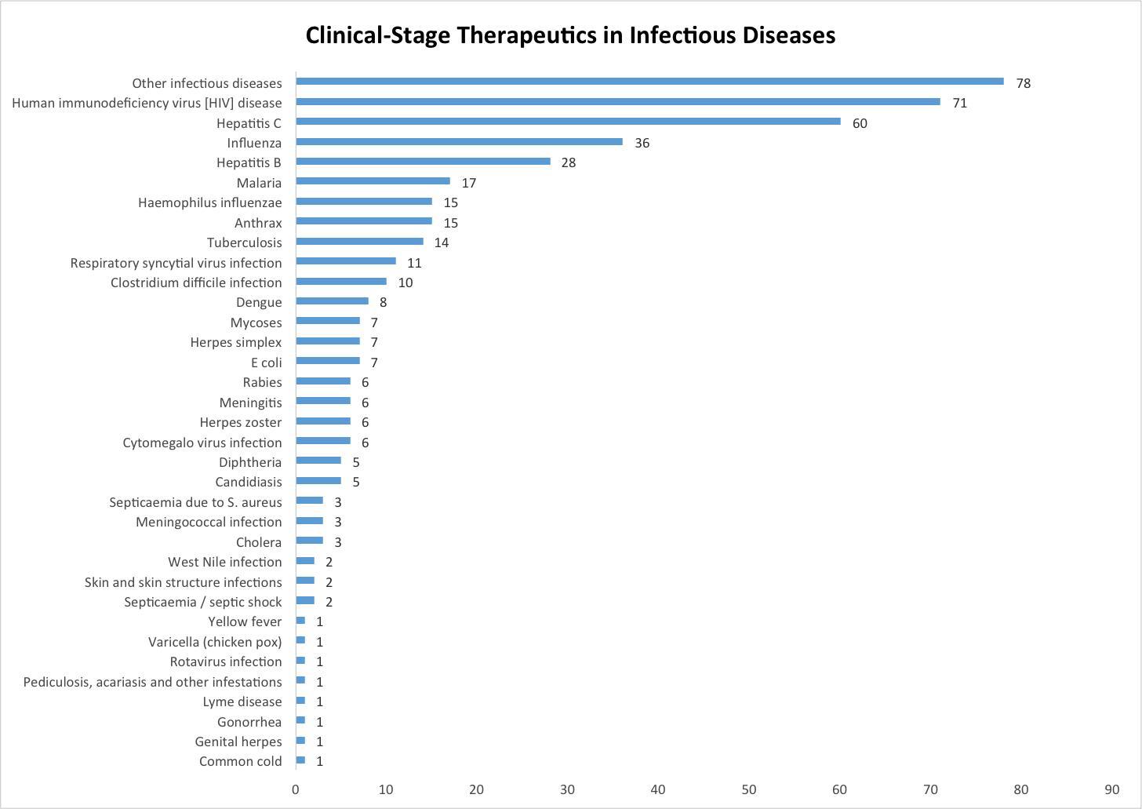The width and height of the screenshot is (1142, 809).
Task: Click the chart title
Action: point(570,36)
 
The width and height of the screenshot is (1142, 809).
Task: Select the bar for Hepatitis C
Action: point(568,122)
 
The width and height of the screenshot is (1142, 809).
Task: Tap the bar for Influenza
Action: point(459,142)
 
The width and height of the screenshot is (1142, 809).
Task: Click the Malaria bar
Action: point(373,181)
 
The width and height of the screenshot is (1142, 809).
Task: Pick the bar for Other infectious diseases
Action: point(649,82)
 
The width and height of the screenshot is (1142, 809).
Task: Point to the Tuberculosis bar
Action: point(359,242)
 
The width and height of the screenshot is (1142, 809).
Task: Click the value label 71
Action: point(960,103)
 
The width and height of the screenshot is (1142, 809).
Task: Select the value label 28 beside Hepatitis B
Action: point(569,162)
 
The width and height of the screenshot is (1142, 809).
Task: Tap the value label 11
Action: point(414,263)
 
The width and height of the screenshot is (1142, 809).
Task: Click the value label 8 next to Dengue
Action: point(383,302)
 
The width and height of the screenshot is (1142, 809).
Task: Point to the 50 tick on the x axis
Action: point(749,789)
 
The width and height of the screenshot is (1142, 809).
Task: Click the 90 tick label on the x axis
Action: point(1111,789)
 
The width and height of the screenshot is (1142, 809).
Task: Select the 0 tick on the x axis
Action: point(296,789)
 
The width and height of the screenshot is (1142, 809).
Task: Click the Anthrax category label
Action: point(258,223)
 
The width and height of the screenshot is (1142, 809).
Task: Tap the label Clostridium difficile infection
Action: point(196,282)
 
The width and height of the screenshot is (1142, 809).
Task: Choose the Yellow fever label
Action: point(245,621)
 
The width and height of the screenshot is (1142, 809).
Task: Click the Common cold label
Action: point(240,761)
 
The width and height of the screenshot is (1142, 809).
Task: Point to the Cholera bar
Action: point(309,541)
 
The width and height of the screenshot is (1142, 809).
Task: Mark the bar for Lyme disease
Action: point(300,701)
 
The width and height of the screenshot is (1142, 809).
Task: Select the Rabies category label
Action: point(262,382)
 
